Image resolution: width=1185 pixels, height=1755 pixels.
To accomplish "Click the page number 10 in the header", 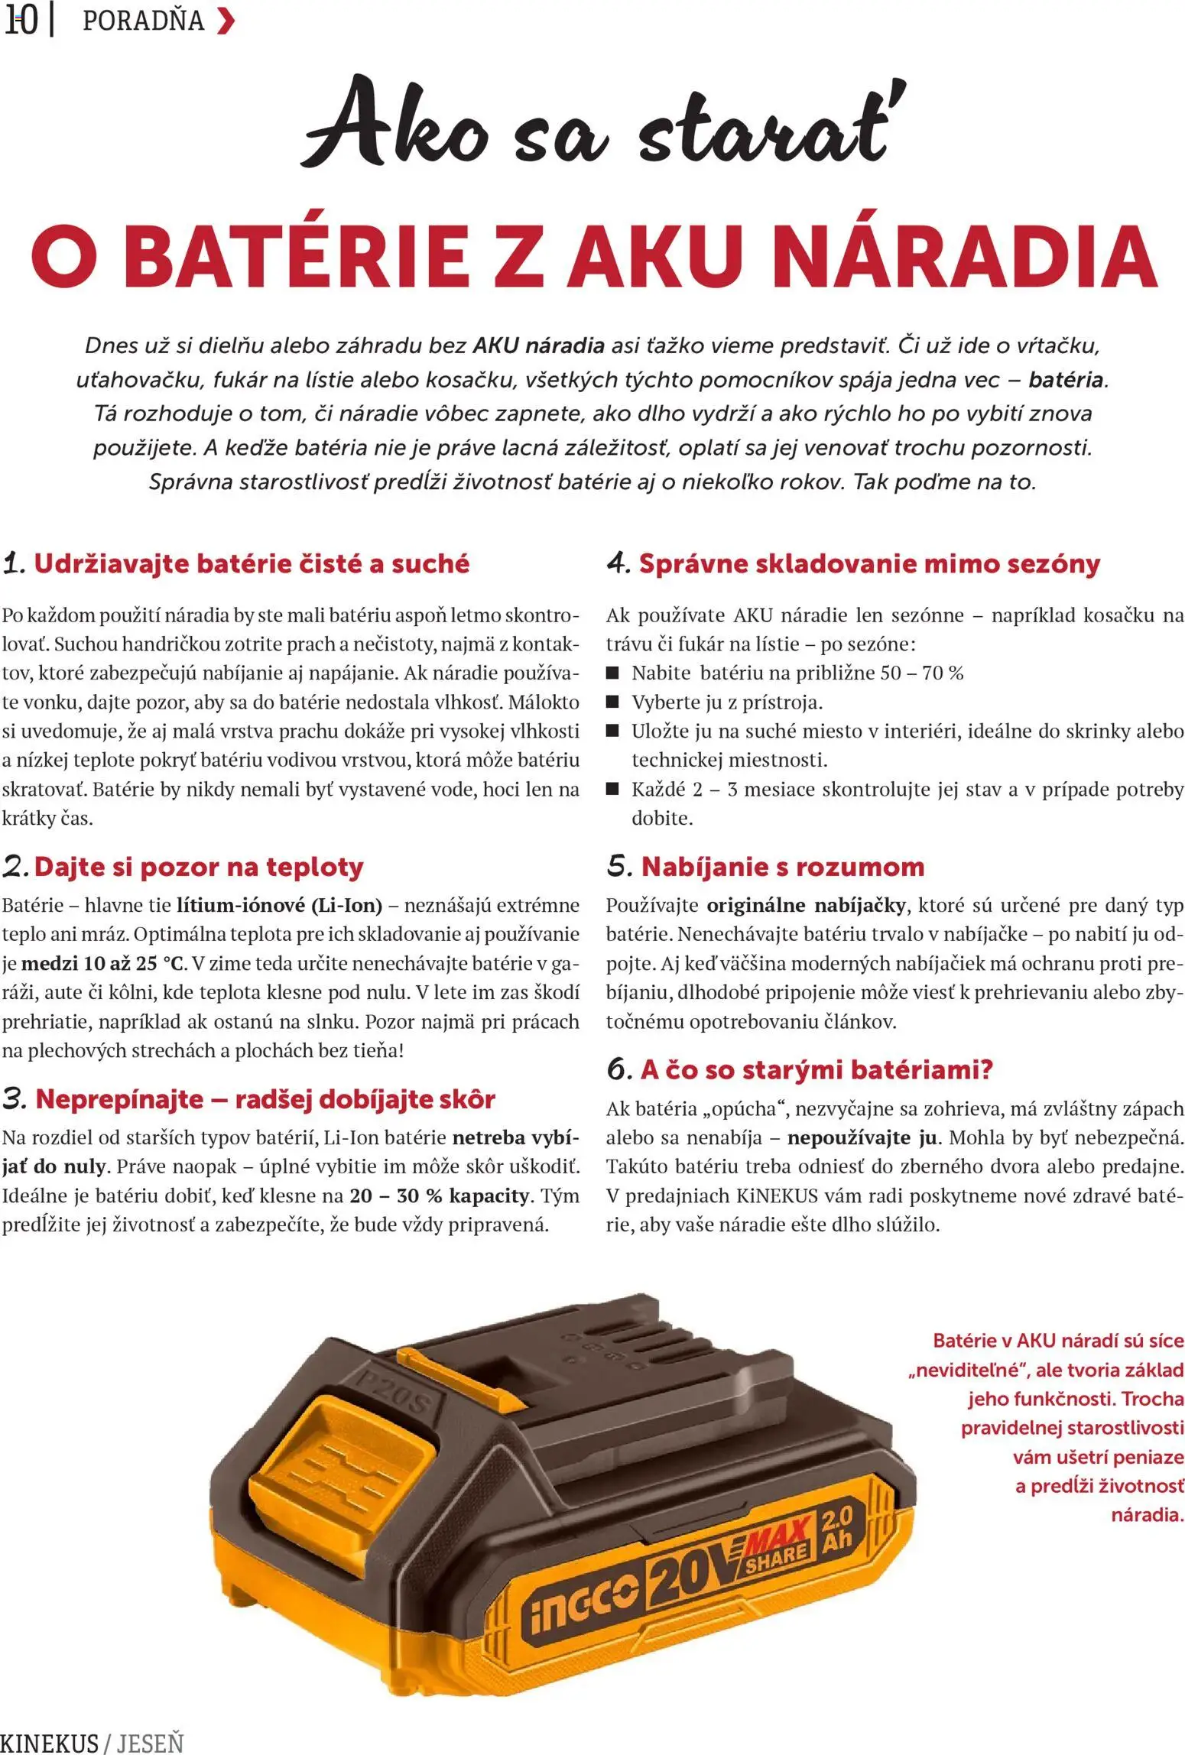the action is tap(21, 21).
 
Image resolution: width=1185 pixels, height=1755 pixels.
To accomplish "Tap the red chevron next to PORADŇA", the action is tap(226, 21).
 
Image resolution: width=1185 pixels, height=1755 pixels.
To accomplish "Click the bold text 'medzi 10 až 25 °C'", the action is tap(103, 963).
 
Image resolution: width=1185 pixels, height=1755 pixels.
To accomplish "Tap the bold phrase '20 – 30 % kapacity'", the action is tap(440, 1195).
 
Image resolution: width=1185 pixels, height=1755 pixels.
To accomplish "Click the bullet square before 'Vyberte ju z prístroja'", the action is tap(612, 702).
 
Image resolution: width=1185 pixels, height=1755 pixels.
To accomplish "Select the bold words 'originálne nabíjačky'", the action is tap(807, 906).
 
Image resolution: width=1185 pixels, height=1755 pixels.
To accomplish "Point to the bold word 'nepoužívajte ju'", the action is tap(862, 1138).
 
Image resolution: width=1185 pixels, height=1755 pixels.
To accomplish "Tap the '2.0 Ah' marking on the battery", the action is tap(837, 1529).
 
